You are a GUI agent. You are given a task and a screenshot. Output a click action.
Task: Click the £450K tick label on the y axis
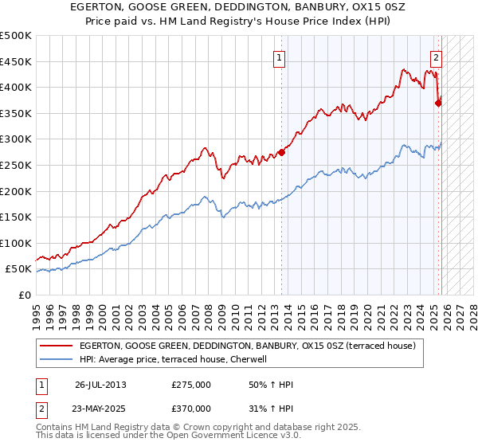click(x=16, y=61)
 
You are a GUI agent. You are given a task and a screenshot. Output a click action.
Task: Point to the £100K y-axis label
click(x=16, y=243)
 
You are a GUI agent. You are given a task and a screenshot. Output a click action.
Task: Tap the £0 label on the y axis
click(x=24, y=295)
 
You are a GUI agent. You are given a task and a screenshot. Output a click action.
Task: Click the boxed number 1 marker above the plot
click(x=280, y=57)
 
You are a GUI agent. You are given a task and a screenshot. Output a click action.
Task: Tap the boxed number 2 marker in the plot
click(x=437, y=57)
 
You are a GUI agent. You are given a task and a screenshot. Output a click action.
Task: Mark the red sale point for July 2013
click(x=281, y=153)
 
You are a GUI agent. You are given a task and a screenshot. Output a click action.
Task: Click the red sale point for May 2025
click(x=438, y=103)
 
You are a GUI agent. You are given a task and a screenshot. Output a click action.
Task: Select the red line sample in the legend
click(x=57, y=346)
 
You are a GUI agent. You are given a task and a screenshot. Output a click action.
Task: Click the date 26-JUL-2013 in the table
click(x=100, y=385)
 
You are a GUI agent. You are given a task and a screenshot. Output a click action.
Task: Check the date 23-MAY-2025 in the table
click(x=100, y=408)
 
